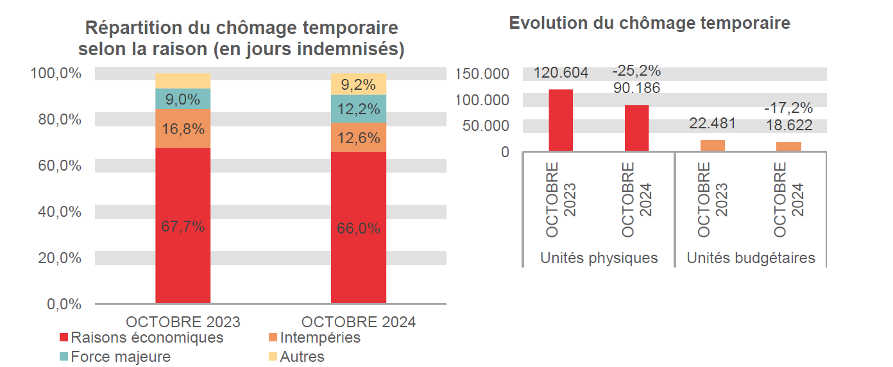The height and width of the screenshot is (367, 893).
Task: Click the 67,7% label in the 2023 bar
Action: point(183,226)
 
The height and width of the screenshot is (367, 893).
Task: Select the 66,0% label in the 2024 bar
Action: point(359,228)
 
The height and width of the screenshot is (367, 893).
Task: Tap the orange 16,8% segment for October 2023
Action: point(183,129)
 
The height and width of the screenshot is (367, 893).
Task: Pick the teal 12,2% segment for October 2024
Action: point(359,109)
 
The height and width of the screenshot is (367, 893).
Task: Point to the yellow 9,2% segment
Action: point(359,83)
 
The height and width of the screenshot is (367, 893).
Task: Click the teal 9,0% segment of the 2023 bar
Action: point(183,99)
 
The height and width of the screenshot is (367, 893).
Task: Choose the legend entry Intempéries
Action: point(314,337)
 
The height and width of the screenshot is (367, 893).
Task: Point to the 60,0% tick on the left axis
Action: point(56,166)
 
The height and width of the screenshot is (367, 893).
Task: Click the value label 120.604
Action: point(561,73)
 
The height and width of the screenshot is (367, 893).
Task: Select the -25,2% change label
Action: point(636,71)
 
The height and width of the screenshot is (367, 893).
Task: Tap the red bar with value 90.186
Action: point(636,128)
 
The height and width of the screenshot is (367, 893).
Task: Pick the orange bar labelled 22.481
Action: point(712,146)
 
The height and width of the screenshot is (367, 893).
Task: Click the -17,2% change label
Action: point(788,108)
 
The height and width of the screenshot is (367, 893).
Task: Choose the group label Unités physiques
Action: point(599,258)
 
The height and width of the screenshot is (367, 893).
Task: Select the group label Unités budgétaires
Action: point(751,258)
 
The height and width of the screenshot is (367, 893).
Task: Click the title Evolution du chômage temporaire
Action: point(649,23)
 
